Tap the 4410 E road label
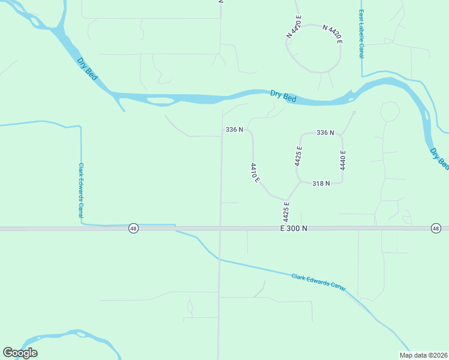coord(255,172)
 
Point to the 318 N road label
coord(322,184)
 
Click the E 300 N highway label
coord(294,229)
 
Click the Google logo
coord(20,353)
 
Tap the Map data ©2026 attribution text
coord(423,355)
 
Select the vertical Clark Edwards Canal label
coord(81,190)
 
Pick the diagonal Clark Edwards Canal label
coord(319,281)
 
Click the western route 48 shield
coord(133,229)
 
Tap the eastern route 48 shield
coord(436,229)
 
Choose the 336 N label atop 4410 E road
coord(234,130)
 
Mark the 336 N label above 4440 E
coord(325,133)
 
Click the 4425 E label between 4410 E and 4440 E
coord(298,155)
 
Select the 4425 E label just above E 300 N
coord(286,212)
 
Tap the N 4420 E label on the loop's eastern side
coord(333,34)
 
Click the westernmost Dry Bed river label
coord(88,68)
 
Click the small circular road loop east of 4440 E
coord(390,111)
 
